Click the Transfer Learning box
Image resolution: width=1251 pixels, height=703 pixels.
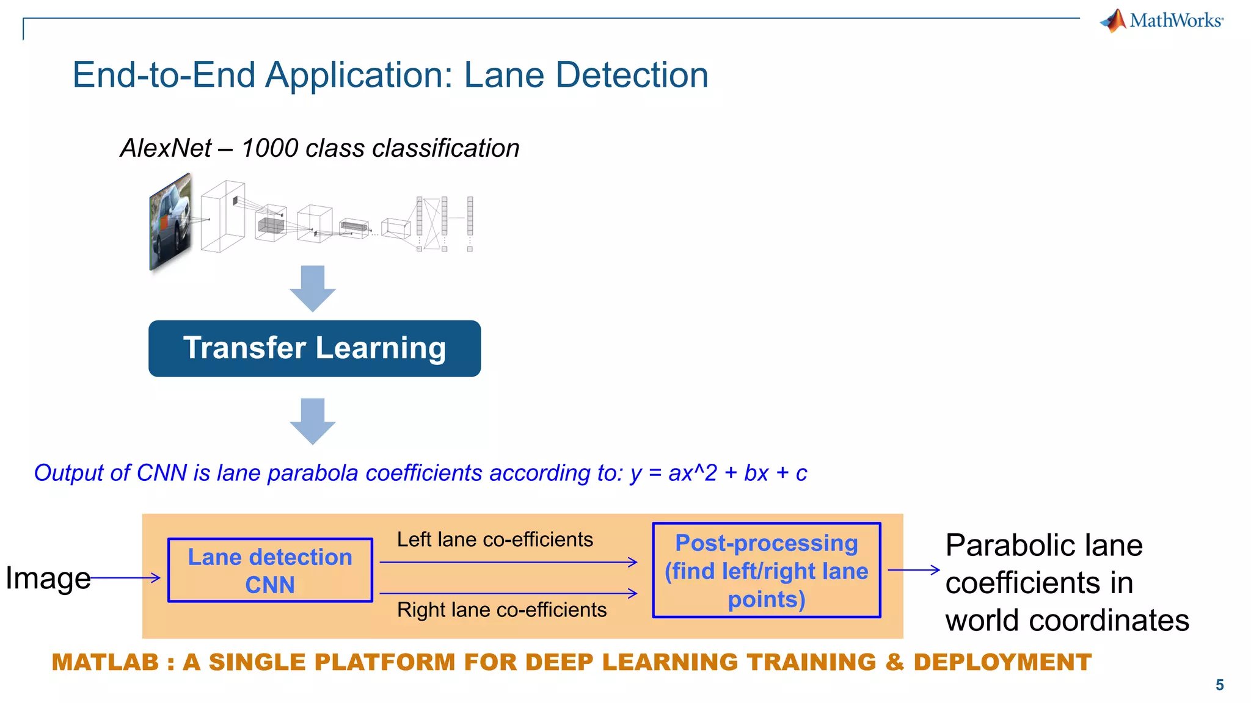click(314, 348)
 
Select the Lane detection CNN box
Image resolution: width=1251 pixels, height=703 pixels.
click(270, 571)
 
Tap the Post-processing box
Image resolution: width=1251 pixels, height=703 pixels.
click(767, 571)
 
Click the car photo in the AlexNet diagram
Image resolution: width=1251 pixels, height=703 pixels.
click(170, 223)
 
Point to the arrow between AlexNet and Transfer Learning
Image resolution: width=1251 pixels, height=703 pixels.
click(313, 288)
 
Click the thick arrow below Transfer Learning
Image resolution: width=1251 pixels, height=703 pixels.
click(313, 421)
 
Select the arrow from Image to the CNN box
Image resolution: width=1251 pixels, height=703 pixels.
click(125, 577)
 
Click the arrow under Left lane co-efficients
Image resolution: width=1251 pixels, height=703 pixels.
click(508, 562)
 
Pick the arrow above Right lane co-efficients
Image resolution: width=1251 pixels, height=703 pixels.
click(508, 593)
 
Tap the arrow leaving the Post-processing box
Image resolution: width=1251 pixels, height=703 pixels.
click(913, 570)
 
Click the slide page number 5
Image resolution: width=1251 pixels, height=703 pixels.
click(1219, 685)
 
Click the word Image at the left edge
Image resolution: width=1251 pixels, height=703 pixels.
click(48, 578)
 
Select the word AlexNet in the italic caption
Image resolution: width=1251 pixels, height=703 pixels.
click(166, 148)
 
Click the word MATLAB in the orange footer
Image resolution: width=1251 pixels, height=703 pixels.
click(105, 663)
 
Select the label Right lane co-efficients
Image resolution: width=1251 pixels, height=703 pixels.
click(501, 610)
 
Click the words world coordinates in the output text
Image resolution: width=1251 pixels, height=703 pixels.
click(1067, 621)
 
